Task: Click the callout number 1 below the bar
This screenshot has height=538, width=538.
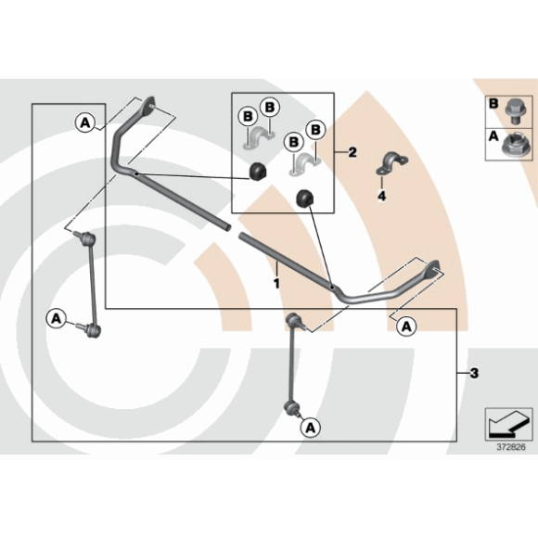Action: [x=276, y=284]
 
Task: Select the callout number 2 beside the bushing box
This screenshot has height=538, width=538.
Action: [x=352, y=152]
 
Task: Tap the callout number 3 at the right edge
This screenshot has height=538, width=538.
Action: [x=474, y=373]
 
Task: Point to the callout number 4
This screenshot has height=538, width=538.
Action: [x=381, y=196]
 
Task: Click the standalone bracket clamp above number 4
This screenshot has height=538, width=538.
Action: [x=392, y=162]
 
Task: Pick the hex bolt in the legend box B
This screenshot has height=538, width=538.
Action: [x=514, y=111]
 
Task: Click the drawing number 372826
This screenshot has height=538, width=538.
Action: [x=511, y=447]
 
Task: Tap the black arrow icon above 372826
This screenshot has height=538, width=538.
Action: [x=507, y=424]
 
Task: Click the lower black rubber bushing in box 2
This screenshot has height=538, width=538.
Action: [x=305, y=198]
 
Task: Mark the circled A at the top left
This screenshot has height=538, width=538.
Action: [x=85, y=122]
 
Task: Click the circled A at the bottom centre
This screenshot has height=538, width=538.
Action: [x=311, y=428]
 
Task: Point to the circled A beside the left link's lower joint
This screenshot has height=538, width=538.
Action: [x=56, y=318]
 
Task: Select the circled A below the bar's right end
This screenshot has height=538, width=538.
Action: [x=406, y=326]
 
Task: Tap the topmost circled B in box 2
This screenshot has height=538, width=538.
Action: [x=270, y=108]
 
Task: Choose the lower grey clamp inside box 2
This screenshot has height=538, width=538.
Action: [x=304, y=163]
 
